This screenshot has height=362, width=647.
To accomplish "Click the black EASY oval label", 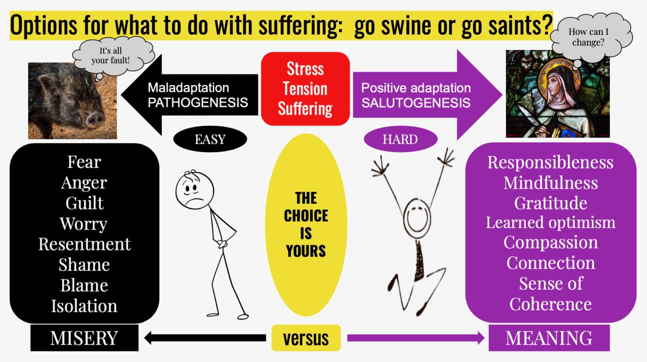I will tap(210, 139).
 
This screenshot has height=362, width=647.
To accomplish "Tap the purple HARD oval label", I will tap(400, 139).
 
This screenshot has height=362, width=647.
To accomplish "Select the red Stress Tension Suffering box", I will tap(305, 89).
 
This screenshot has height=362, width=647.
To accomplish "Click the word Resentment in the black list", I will tap(84, 244).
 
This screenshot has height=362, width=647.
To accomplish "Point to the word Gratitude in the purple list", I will tap(550, 203).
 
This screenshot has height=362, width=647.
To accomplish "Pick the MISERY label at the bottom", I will tap(84, 338).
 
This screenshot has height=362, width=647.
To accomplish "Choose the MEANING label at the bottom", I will tap(549, 338).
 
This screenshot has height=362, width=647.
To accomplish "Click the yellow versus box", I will tap(306, 338).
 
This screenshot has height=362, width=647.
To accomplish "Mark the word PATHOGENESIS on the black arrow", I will tap(198, 102).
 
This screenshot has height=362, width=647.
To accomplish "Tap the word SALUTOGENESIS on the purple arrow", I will tap(416, 103).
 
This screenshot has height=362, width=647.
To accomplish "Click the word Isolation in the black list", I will tap(84, 306).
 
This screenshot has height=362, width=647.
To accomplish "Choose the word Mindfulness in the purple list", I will tap(550, 183).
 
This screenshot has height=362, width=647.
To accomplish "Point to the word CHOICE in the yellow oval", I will tap(306, 216).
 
